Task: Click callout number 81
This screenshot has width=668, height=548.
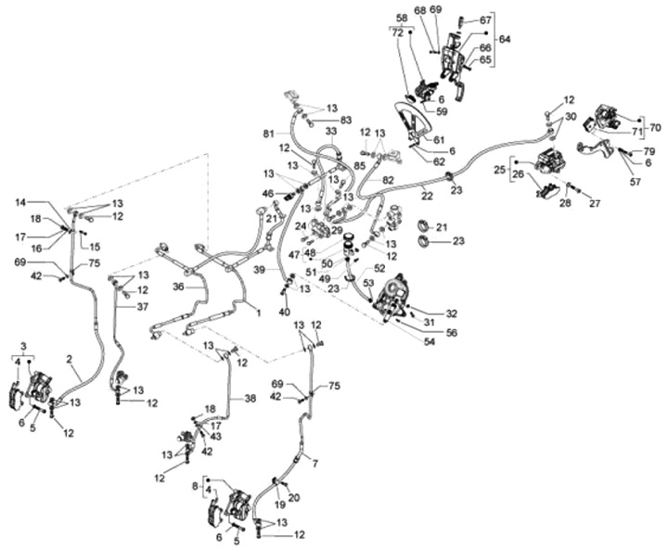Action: pos(268,134)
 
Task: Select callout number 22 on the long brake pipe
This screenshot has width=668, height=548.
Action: pos(426,196)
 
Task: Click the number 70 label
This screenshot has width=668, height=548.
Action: pos(655,127)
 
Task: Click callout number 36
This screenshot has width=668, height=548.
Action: pos(178,287)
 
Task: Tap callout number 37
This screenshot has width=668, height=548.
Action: pos(143,307)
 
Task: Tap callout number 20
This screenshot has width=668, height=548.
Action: pos(294,498)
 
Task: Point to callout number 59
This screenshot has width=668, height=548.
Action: pos(442,111)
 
